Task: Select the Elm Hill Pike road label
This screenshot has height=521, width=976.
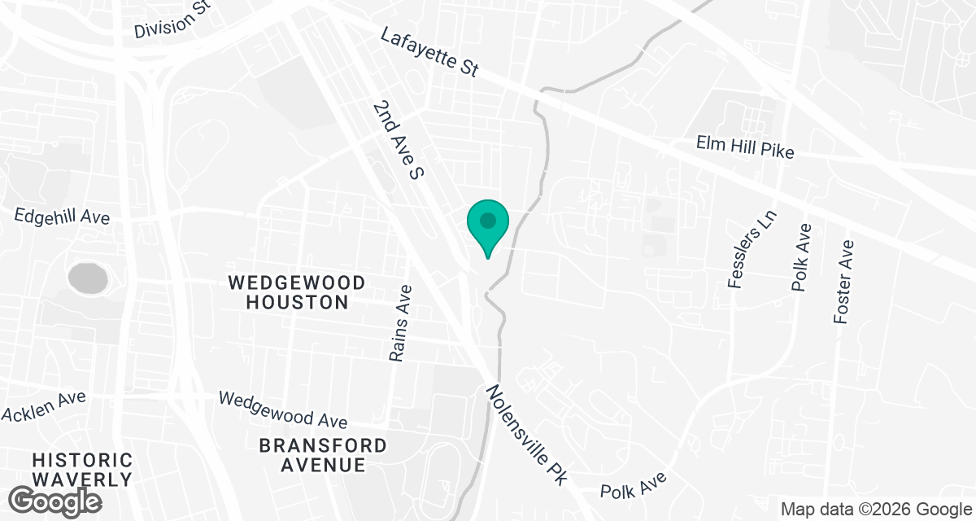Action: [744, 147]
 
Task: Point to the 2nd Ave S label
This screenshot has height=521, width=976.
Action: [399, 140]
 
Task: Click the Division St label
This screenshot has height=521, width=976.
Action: [173, 20]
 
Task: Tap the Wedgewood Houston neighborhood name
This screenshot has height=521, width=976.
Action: [296, 292]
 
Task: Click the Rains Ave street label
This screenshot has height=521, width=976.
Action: [399, 323]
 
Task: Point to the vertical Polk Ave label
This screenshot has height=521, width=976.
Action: [801, 257]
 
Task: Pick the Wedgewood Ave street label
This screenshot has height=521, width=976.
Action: [283, 409]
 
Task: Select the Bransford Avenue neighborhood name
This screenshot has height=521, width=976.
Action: [323, 455]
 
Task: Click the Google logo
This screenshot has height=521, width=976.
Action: [55, 500]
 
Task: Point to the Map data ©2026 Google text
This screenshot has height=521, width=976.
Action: [874, 509]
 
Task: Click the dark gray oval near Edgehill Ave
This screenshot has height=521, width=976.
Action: [88, 278]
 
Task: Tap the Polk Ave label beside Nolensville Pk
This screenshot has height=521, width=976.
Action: [633, 485]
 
